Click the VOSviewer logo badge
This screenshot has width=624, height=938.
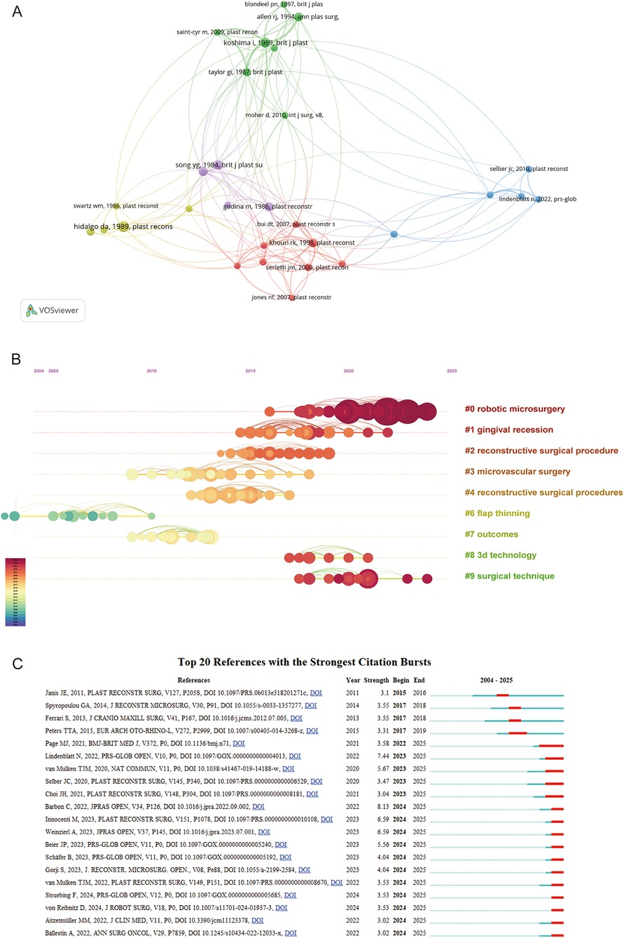(53, 310)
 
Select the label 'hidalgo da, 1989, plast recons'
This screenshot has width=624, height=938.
(123, 226)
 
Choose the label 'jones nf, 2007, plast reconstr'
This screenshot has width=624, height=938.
(291, 297)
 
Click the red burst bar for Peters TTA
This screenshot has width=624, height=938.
(518, 733)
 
